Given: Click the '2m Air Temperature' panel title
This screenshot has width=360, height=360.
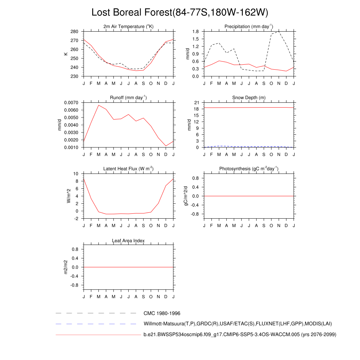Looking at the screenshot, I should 128,27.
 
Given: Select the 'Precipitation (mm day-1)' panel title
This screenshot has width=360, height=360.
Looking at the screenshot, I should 249,27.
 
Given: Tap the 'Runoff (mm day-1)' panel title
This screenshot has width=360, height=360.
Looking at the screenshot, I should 128,98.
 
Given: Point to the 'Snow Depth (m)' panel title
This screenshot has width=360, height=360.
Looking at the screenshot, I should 249,98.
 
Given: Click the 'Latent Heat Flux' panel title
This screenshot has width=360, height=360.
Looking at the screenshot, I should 128,169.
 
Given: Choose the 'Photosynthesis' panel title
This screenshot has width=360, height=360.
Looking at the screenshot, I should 249,169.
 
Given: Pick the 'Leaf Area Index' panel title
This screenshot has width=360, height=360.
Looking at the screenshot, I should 128,241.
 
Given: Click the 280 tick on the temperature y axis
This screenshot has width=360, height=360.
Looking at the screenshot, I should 75,32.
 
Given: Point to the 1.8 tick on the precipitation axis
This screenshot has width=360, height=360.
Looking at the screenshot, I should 196,32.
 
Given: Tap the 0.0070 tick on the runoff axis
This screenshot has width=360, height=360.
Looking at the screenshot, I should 71,103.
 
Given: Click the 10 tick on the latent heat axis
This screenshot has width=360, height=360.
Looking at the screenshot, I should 76,174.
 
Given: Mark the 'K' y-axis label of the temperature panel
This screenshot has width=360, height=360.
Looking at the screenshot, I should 65,54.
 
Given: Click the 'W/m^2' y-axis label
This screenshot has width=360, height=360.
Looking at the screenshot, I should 69,196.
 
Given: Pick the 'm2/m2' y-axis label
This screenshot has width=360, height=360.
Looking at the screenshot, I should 65,267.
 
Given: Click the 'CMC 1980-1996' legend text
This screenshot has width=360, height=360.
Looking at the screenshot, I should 162,313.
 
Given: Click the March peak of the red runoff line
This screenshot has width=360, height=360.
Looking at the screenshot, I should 99,105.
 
